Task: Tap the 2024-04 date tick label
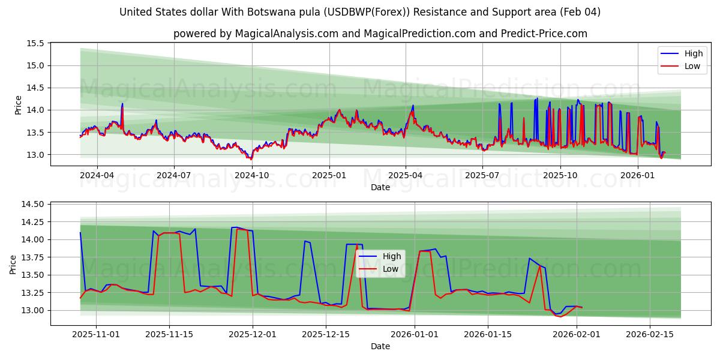(97, 175)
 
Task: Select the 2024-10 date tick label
(251, 175)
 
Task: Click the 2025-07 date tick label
(483, 175)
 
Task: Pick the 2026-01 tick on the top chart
(637, 175)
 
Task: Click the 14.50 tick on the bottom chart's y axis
(33, 205)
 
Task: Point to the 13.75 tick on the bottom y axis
(33, 257)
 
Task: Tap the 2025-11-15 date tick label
(169, 334)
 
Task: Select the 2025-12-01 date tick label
(253, 334)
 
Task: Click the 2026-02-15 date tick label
(649, 334)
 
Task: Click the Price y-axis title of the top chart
(18, 104)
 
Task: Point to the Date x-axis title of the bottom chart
(380, 346)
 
